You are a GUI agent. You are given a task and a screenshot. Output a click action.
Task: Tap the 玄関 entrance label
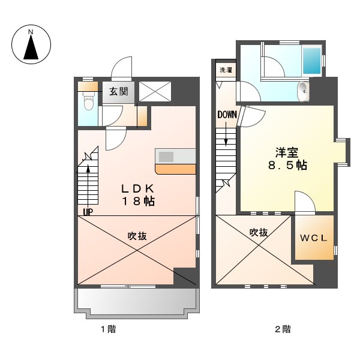(118, 92)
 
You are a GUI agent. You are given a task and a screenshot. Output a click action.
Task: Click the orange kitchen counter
(176, 169)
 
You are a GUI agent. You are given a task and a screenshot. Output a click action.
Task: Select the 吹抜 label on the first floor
(137, 236)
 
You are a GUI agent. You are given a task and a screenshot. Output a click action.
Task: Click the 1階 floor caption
(107, 329)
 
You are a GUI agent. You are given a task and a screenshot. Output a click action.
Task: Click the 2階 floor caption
(283, 329)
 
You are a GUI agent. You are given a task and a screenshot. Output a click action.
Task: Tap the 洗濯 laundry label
(226, 70)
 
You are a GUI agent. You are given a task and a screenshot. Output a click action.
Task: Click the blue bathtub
(312, 61)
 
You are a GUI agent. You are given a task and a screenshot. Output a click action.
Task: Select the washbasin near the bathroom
(302, 91)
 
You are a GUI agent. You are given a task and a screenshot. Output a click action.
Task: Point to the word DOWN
(227, 115)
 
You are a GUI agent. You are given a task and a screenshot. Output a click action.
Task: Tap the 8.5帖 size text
(287, 165)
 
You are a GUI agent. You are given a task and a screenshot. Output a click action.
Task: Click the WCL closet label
(313, 238)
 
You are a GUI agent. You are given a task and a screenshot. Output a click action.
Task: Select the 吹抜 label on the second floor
(259, 232)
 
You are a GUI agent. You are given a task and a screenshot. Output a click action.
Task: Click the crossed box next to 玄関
(154, 92)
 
